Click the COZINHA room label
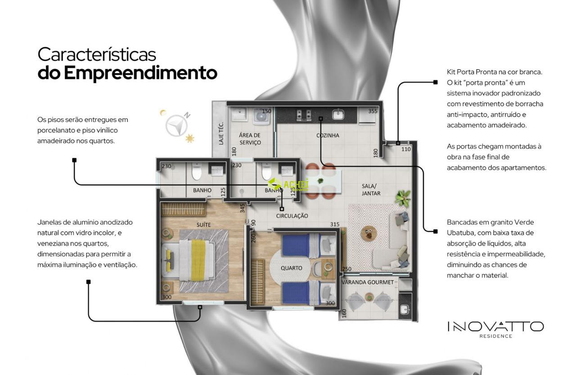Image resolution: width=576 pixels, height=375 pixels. [x=328, y=135]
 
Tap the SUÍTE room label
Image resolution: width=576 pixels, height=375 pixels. [x=203, y=225]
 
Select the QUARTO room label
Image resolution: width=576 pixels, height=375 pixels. [x=291, y=268]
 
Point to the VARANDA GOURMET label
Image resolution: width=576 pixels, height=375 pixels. [x=368, y=282]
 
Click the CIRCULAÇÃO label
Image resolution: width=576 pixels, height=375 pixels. [x=292, y=216]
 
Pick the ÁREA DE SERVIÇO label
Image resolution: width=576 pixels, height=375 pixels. [x=250, y=138]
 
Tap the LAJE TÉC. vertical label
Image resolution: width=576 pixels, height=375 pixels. [x=221, y=133]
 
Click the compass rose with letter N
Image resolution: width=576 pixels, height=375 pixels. [x=177, y=124]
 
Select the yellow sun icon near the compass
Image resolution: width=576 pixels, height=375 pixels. [x=190, y=138]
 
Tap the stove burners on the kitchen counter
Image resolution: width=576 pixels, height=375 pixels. [x=304, y=115]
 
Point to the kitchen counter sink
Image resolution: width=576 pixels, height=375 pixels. [x=338, y=114]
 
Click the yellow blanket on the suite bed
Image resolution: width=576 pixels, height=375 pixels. [x=198, y=260]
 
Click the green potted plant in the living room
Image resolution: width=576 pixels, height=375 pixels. [x=402, y=198]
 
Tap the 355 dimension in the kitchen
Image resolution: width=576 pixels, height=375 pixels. [x=373, y=111]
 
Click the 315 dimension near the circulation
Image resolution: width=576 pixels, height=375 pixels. [x=334, y=224]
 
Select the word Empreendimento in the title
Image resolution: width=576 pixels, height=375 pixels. [x=140, y=73]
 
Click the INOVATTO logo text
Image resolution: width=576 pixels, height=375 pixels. [x=495, y=327]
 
